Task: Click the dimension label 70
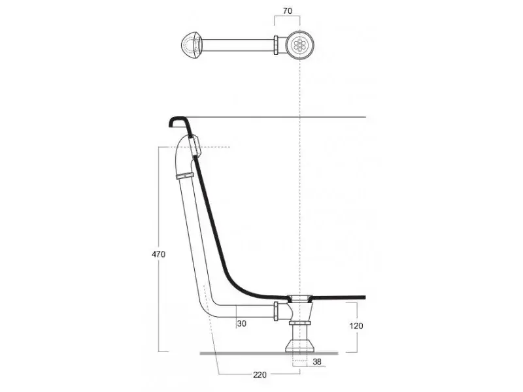(287, 10)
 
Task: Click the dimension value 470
(158, 254)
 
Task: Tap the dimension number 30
(241, 323)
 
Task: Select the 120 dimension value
(356, 325)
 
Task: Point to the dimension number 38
(317, 361)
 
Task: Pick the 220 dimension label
(260, 374)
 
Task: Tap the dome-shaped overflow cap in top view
(192, 45)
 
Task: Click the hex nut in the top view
(277, 45)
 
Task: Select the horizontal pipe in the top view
(238, 45)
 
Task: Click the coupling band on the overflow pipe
(185, 176)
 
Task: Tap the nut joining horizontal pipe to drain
(276, 311)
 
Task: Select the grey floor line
(269, 353)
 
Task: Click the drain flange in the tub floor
(300, 297)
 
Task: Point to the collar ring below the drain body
(300, 323)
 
